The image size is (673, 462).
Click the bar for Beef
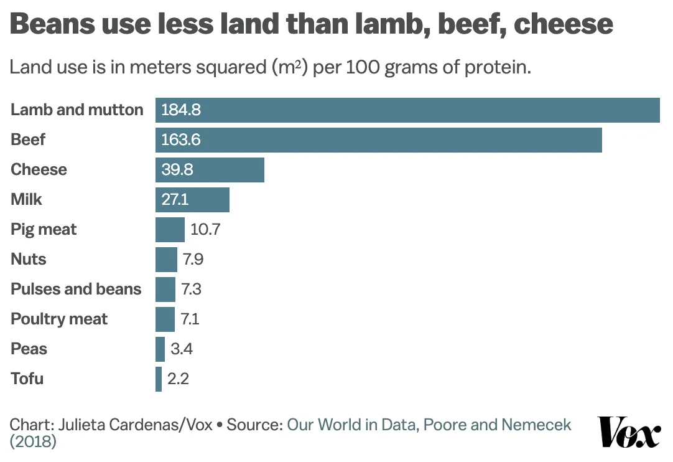(x=378, y=139)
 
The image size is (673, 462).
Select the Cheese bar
(x=210, y=169)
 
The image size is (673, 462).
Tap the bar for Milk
(x=192, y=199)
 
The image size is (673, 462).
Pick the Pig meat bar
(x=170, y=229)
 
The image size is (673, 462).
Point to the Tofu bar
(x=159, y=379)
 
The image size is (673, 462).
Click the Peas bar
(x=160, y=349)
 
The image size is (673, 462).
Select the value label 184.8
(x=181, y=110)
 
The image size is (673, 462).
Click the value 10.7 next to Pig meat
(x=205, y=229)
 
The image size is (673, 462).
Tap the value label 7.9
(x=193, y=259)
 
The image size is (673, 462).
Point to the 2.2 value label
(x=179, y=379)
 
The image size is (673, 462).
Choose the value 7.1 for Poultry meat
(x=190, y=319)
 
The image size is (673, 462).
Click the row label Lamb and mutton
(x=77, y=110)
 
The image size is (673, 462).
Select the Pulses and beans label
(x=76, y=289)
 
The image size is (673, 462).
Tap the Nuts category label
(x=29, y=259)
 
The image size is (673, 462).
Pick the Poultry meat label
(x=59, y=319)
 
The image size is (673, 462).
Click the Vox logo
(x=629, y=432)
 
